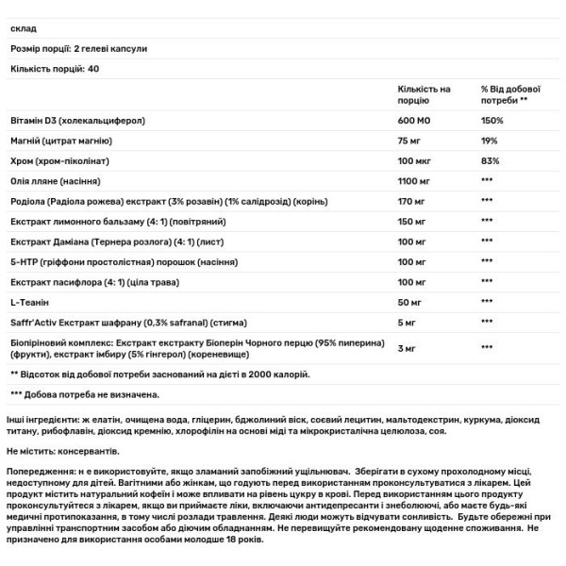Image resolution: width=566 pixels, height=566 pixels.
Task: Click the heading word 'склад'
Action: click(x=22, y=28)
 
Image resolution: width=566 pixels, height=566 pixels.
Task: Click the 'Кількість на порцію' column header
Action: click(x=425, y=93)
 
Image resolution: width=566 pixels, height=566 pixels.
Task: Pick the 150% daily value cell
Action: click(x=491, y=122)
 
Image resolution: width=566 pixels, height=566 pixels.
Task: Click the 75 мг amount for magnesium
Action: click(x=411, y=141)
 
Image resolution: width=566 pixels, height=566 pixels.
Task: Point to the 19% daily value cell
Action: click(x=489, y=141)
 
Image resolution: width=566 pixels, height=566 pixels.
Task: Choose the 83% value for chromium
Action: click(x=489, y=160)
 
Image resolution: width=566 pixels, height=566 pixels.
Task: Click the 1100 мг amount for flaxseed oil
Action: click(x=417, y=179)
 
